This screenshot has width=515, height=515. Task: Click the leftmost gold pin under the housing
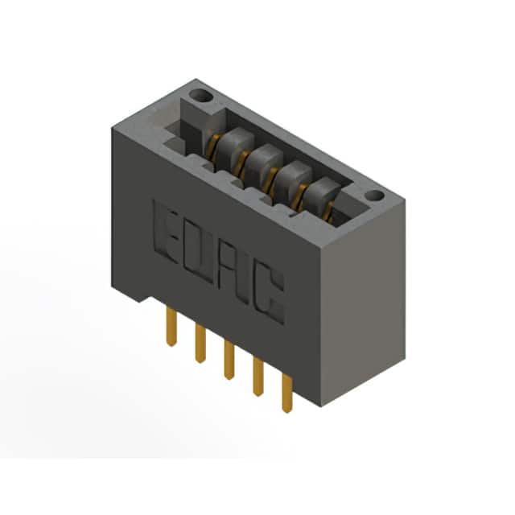tap(171, 327)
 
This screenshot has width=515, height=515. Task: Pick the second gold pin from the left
tap(200, 344)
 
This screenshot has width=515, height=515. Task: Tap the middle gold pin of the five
tap(229, 360)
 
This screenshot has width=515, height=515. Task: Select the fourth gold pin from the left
tap(257, 377)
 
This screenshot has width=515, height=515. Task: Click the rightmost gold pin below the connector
tap(287, 393)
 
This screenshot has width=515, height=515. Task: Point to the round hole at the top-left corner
tap(200, 96)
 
